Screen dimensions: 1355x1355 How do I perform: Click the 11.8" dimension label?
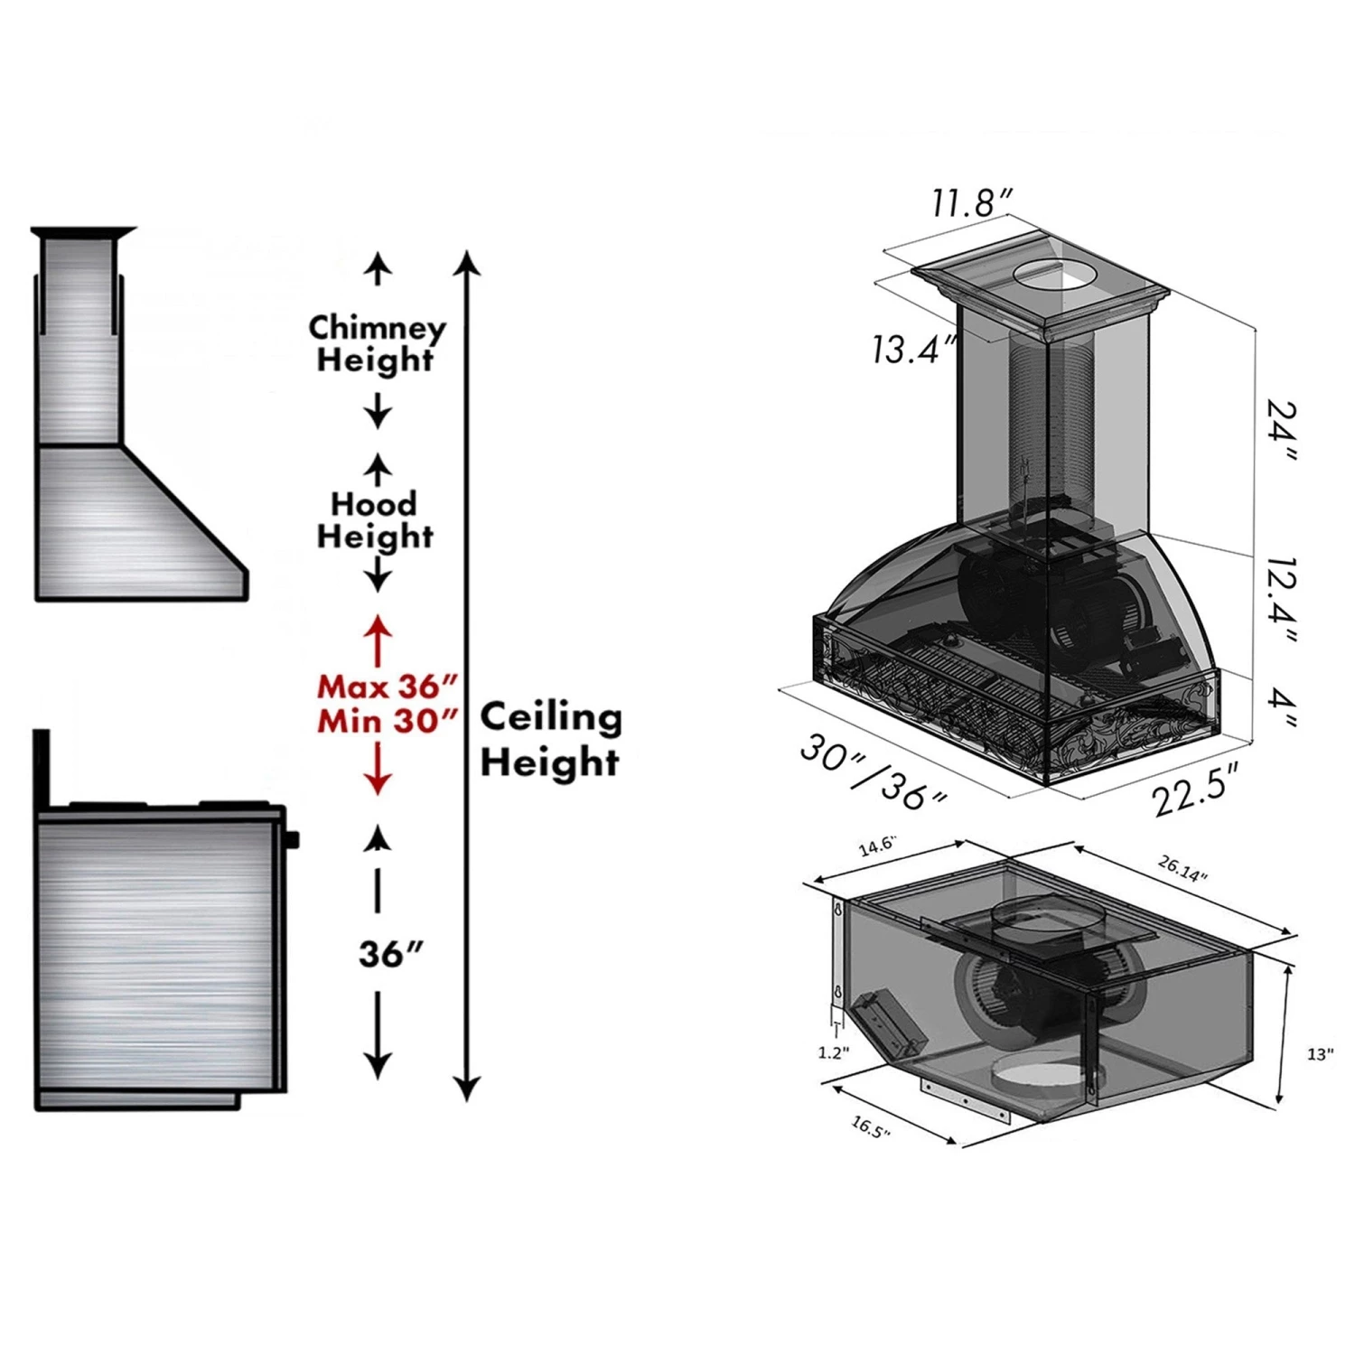pyautogui.click(x=973, y=202)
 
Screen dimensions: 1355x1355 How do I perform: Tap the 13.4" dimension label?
pyautogui.click(x=913, y=349)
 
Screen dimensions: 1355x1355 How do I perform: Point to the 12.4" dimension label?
pyautogui.click(x=1282, y=600)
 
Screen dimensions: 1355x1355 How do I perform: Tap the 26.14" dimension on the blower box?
pyautogui.click(x=1182, y=869)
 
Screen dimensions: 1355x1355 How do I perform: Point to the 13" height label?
pyautogui.click(x=1320, y=1054)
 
